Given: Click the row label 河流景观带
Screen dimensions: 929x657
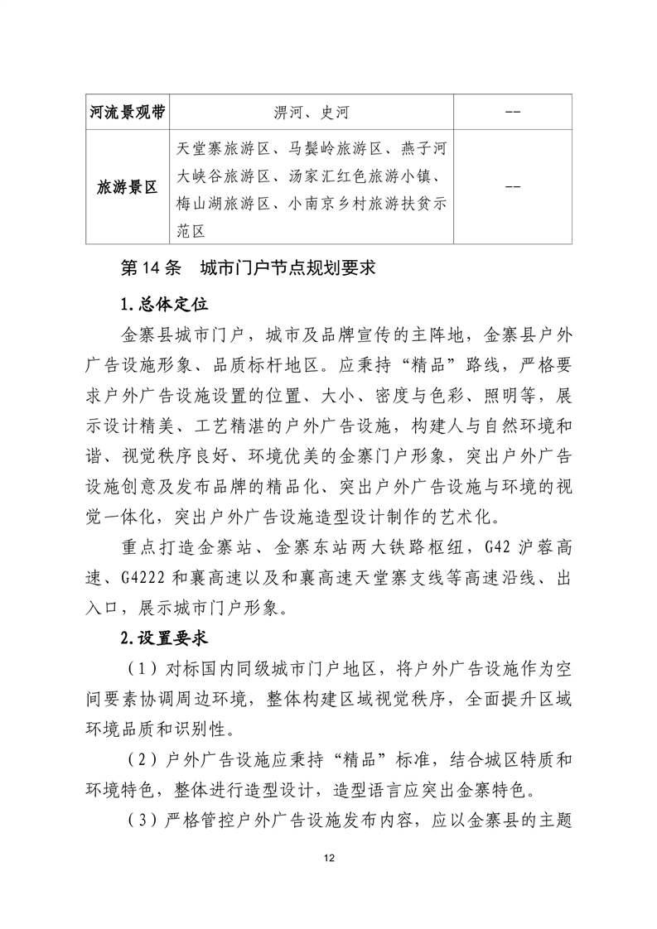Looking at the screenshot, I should point(127,112).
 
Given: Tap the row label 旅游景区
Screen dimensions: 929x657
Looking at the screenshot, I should point(127,187).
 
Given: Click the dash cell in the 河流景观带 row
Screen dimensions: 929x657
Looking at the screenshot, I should point(512,113).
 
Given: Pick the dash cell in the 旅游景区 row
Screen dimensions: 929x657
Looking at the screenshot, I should point(512,187).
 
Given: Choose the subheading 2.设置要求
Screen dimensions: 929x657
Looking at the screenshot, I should point(162,638).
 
